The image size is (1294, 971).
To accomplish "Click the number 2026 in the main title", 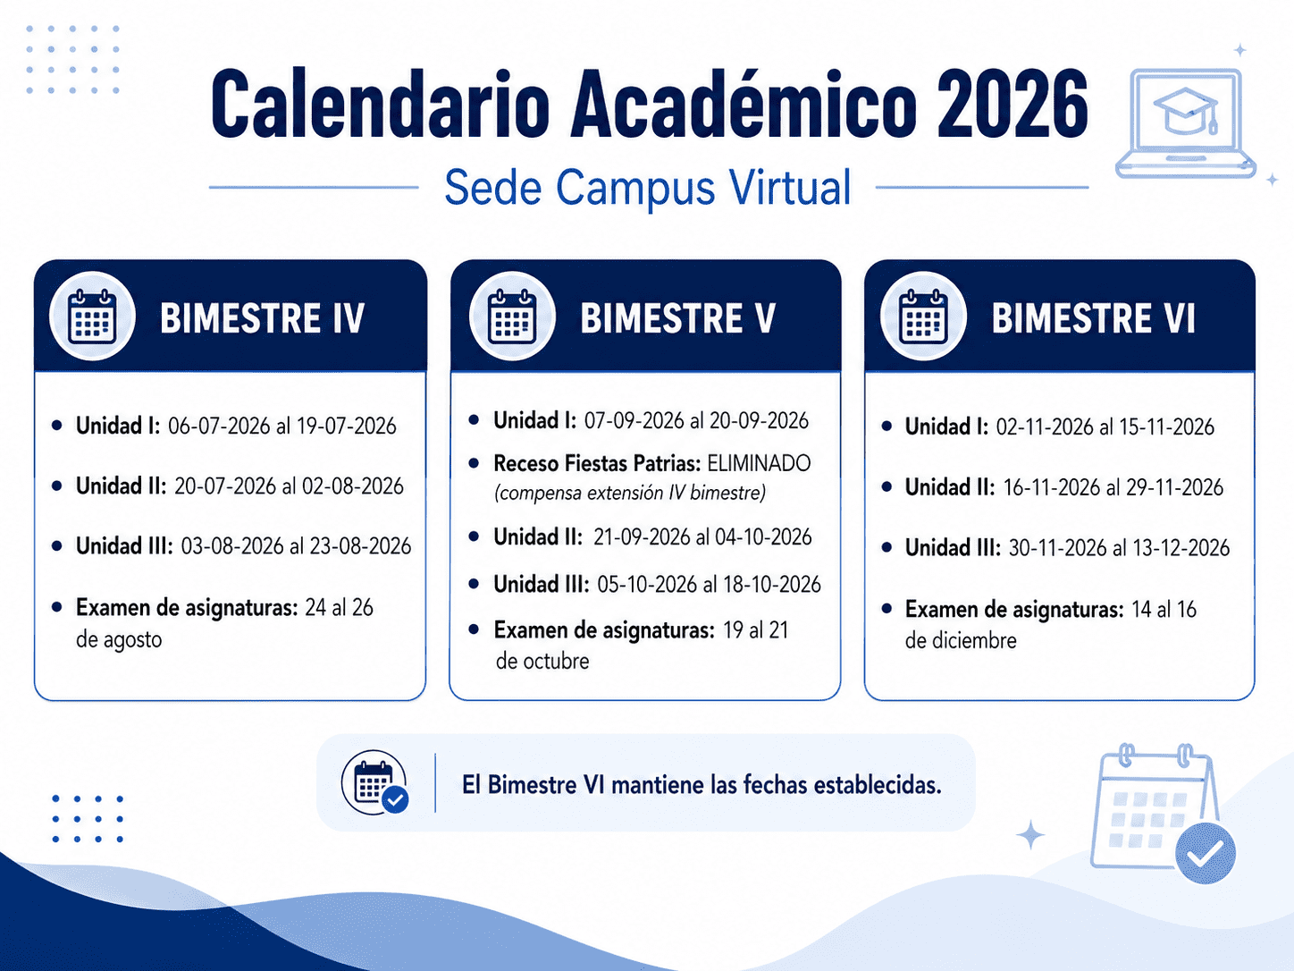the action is click(1013, 105).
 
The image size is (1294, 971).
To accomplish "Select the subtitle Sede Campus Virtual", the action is click(647, 187).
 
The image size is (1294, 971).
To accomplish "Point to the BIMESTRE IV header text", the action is click(263, 318).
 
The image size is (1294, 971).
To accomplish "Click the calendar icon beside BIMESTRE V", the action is click(512, 317).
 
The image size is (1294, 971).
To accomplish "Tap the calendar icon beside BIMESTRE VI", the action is click(922, 317).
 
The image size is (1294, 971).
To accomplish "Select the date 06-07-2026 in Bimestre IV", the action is click(219, 426).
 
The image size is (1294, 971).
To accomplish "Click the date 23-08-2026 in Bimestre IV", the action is click(360, 546).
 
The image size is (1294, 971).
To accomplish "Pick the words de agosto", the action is click(119, 639).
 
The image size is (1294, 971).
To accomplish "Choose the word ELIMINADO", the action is click(759, 463).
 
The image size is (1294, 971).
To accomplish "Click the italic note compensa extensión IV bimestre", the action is click(630, 493).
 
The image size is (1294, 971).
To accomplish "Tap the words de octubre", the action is click(542, 662).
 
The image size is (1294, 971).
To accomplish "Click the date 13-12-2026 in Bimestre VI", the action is click(1179, 548).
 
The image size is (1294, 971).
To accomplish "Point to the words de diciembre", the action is click(961, 641).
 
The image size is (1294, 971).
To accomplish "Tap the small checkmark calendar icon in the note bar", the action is click(375, 783).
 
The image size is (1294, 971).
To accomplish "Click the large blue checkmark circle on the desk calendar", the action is click(1205, 854).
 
